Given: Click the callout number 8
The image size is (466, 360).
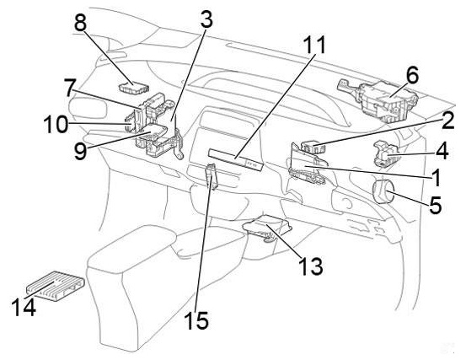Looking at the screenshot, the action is (80, 23).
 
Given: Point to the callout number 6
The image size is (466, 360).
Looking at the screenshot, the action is (411, 75).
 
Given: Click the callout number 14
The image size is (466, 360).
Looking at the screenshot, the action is (24, 307).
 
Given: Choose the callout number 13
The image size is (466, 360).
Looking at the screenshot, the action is (311, 266).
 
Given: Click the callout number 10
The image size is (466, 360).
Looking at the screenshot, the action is (56, 124).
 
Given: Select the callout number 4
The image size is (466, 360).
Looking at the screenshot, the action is (442, 151).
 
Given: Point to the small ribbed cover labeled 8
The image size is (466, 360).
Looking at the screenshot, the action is (133, 88).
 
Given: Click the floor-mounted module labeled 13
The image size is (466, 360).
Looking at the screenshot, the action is (267, 227).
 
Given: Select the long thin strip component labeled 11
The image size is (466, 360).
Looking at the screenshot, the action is (236, 159).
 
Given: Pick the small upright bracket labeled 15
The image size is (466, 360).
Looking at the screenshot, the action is (212, 176).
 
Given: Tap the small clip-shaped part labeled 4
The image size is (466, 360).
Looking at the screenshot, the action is (385, 153).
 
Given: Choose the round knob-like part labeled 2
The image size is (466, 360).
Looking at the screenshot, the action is (312, 146).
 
